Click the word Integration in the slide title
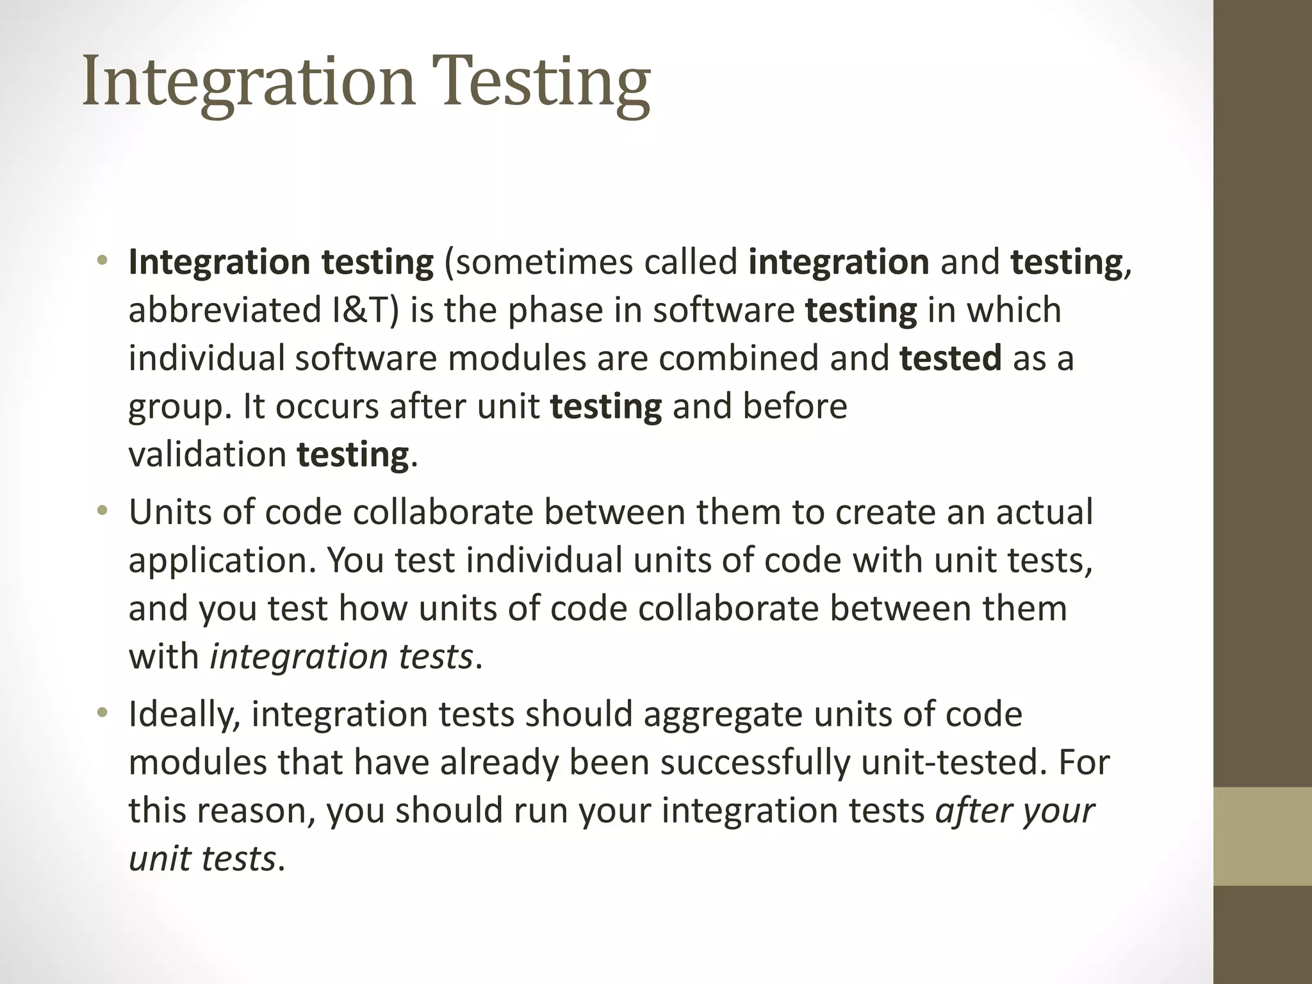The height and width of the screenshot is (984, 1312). pyautogui.click(x=249, y=82)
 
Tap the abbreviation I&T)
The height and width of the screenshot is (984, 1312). pyautogui.click(x=366, y=310)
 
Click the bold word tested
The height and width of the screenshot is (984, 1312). pyautogui.click(x=950, y=358)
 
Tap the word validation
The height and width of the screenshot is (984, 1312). pyautogui.click(x=207, y=455)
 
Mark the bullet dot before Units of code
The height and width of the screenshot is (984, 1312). pyautogui.click(x=102, y=512)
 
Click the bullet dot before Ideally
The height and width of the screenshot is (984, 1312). pyautogui.click(x=102, y=714)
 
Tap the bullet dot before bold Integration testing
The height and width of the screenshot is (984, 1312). pyautogui.click(x=102, y=261)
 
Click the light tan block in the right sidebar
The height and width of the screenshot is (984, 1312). pyautogui.click(x=1263, y=837)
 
